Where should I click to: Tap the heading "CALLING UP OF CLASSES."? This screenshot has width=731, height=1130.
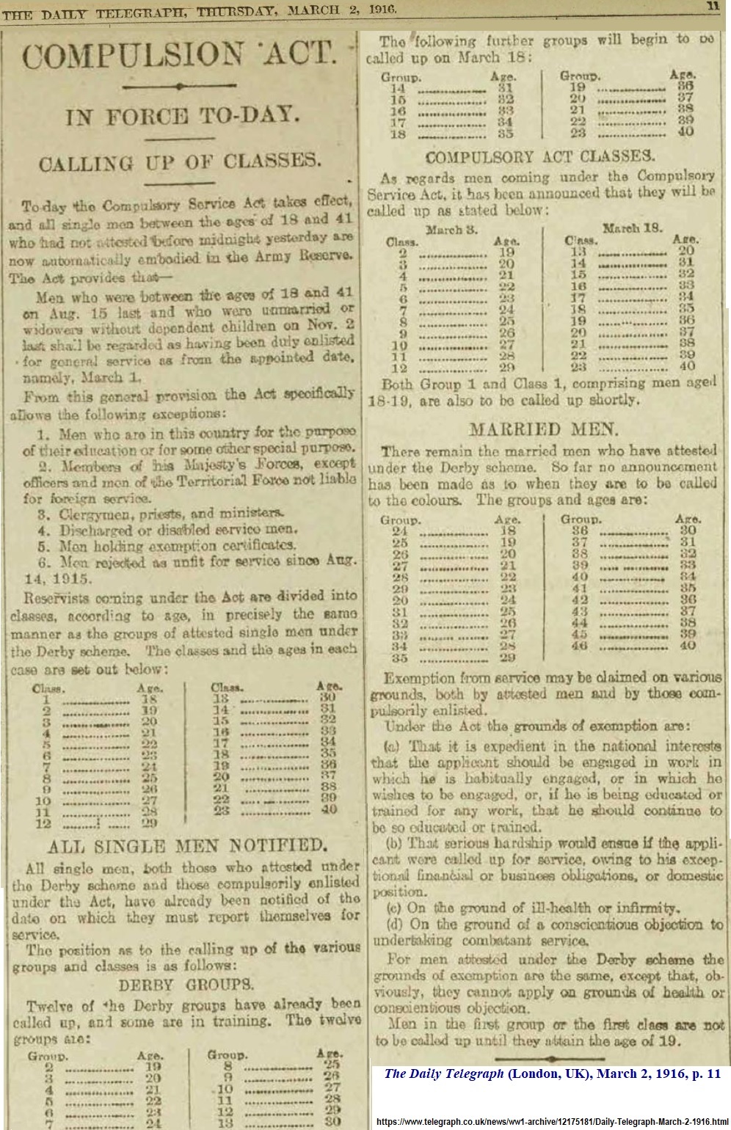coord(180,161)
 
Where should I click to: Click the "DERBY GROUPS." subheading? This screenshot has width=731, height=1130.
coord(186,983)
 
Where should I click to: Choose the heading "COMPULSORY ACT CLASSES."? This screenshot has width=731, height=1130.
coord(539,156)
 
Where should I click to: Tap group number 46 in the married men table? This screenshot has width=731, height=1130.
coord(580,646)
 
